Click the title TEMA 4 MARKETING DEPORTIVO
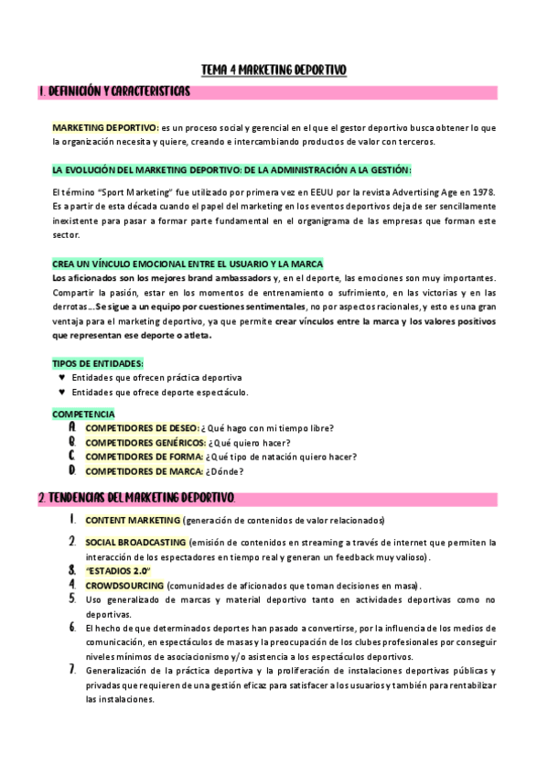(x=274, y=70)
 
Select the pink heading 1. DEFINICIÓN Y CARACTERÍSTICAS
(x=114, y=92)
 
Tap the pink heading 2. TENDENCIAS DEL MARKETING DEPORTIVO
(x=137, y=498)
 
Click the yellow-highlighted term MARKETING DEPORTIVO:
(x=105, y=127)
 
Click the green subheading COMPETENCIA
(x=83, y=414)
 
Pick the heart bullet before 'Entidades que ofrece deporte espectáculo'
(x=62, y=392)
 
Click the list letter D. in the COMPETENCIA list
(x=72, y=470)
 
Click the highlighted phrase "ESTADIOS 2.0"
(x=117, y=571)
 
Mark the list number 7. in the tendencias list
(x=72, y=670)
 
